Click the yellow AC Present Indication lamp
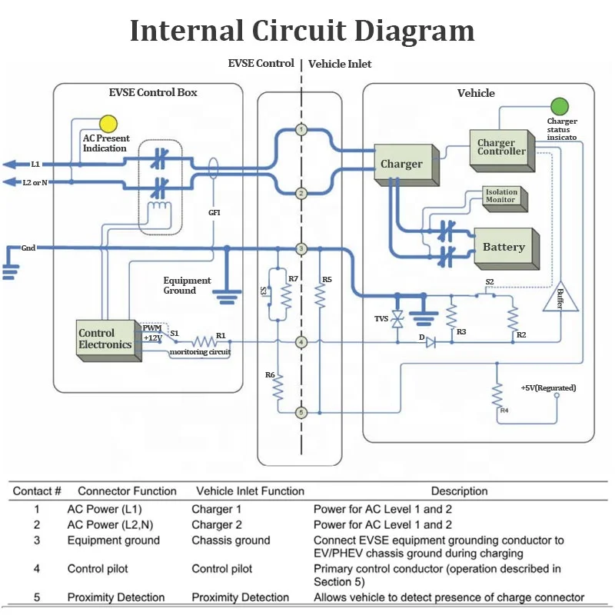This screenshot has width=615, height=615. [x=108, y=123]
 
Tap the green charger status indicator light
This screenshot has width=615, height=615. [x=559, y=106]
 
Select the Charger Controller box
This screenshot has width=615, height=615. [x=501, y=148]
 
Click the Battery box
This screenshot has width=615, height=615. [x=504, y=247]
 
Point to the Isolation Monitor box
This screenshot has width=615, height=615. [x=500, y=196]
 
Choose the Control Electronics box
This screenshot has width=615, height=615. [x=105, y=339]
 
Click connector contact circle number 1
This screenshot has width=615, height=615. [x=301, y=129]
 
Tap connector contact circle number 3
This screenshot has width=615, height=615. [x=301, y=248]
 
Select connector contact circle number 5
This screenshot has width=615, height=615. [x=301, y=412]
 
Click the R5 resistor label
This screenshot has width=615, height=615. [x=327, y=279]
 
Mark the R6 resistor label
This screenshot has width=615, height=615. [x=270, y=374]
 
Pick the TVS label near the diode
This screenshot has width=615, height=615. [x=382, y=318]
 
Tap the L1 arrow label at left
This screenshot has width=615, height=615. [x=35, y=164]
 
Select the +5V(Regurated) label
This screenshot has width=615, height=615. [x=548, y=387]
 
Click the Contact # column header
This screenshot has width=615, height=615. [x=37, y=491]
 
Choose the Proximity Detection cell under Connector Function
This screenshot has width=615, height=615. [x=116, y=597]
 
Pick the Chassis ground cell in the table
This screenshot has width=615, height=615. [x=231, y=540]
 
